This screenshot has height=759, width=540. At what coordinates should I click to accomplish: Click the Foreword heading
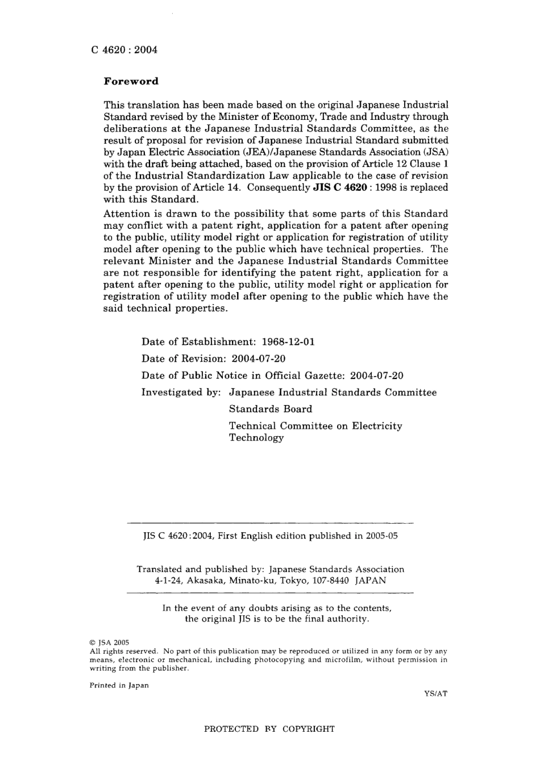(x=131, y=81)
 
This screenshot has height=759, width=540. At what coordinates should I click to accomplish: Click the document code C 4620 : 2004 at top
(x=124, y=49)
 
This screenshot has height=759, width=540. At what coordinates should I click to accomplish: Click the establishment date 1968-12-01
(x=288, y=342)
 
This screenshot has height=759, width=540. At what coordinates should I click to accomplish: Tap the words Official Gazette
(x=304, y=376)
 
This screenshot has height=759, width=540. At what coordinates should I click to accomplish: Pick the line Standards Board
(x=271, y=409)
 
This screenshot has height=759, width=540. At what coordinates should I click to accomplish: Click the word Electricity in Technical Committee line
(x=377, y=426)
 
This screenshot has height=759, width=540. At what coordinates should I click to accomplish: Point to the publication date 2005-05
(x=383, y=536)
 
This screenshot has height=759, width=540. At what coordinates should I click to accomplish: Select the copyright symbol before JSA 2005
(x=93, y=643)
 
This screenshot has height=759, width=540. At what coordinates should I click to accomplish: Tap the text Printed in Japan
(x=119, y=685)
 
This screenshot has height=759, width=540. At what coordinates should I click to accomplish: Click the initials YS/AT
(x=435, y=694)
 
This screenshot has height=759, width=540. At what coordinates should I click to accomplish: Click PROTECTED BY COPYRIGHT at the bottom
(x=269, y=729)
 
